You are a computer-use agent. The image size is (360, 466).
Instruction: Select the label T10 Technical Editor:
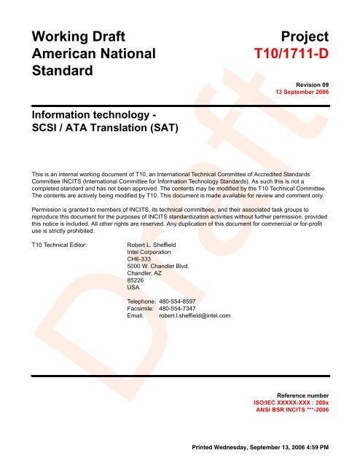click(55, 244)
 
